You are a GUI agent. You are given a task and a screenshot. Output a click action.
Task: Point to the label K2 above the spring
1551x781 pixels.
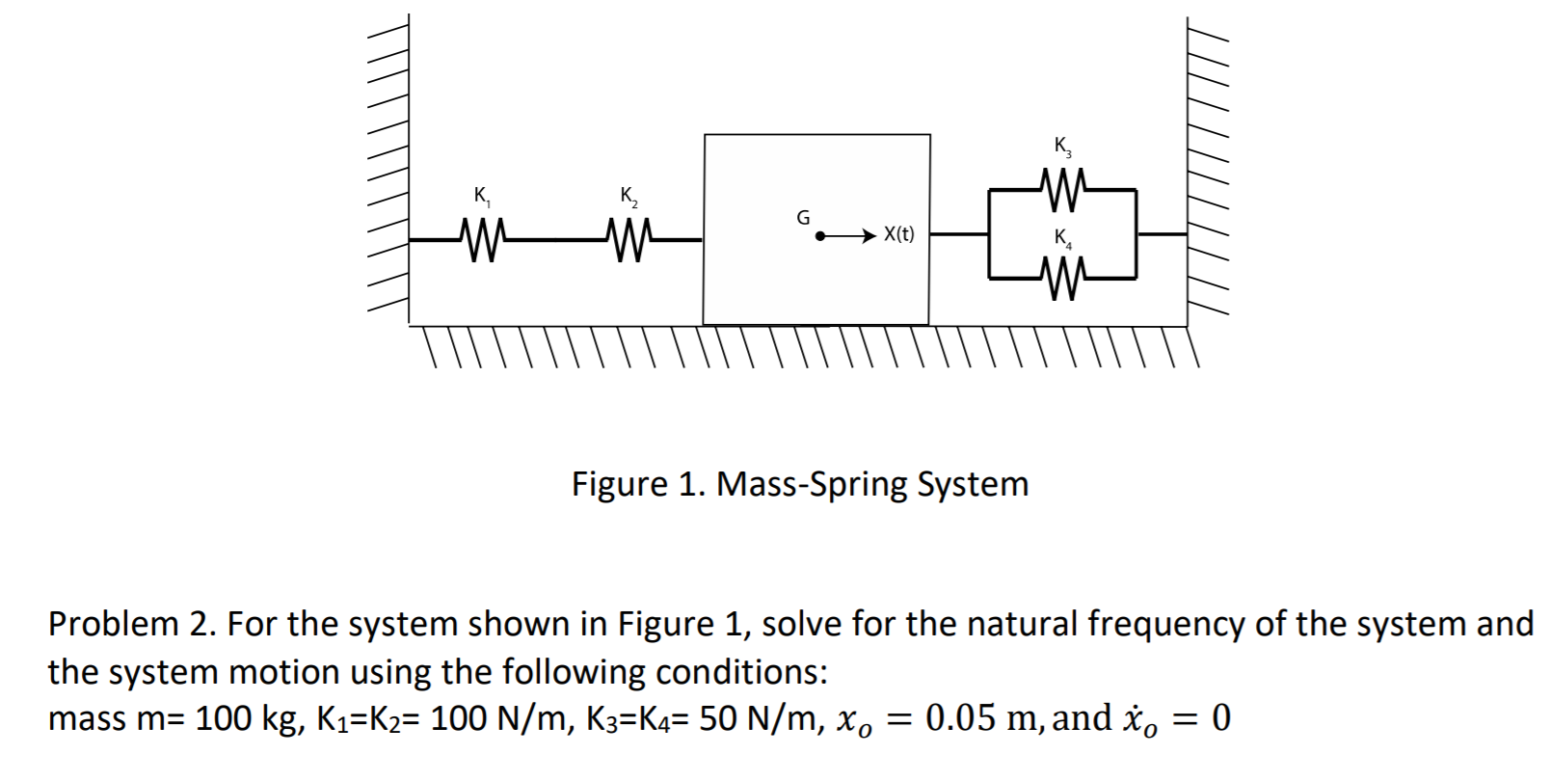(x=629, y=197)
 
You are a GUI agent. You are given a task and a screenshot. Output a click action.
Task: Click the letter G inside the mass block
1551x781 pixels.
(x=802, y=218)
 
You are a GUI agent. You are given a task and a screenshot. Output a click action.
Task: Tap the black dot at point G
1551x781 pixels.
(x=820, y=234)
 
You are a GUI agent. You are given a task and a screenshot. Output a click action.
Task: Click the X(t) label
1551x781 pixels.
(x=898, y=234)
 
